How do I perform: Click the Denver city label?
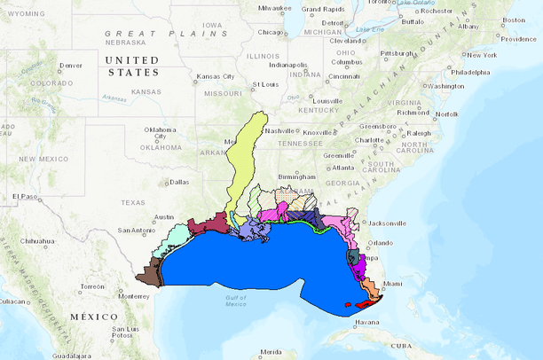point(70,66)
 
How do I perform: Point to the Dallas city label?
point(178,182)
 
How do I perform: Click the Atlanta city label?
point(342,168)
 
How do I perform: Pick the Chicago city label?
point(271,32)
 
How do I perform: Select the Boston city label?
point(514,20)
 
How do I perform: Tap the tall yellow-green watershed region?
point(246,160)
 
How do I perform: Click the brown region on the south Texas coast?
point(156,270)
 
